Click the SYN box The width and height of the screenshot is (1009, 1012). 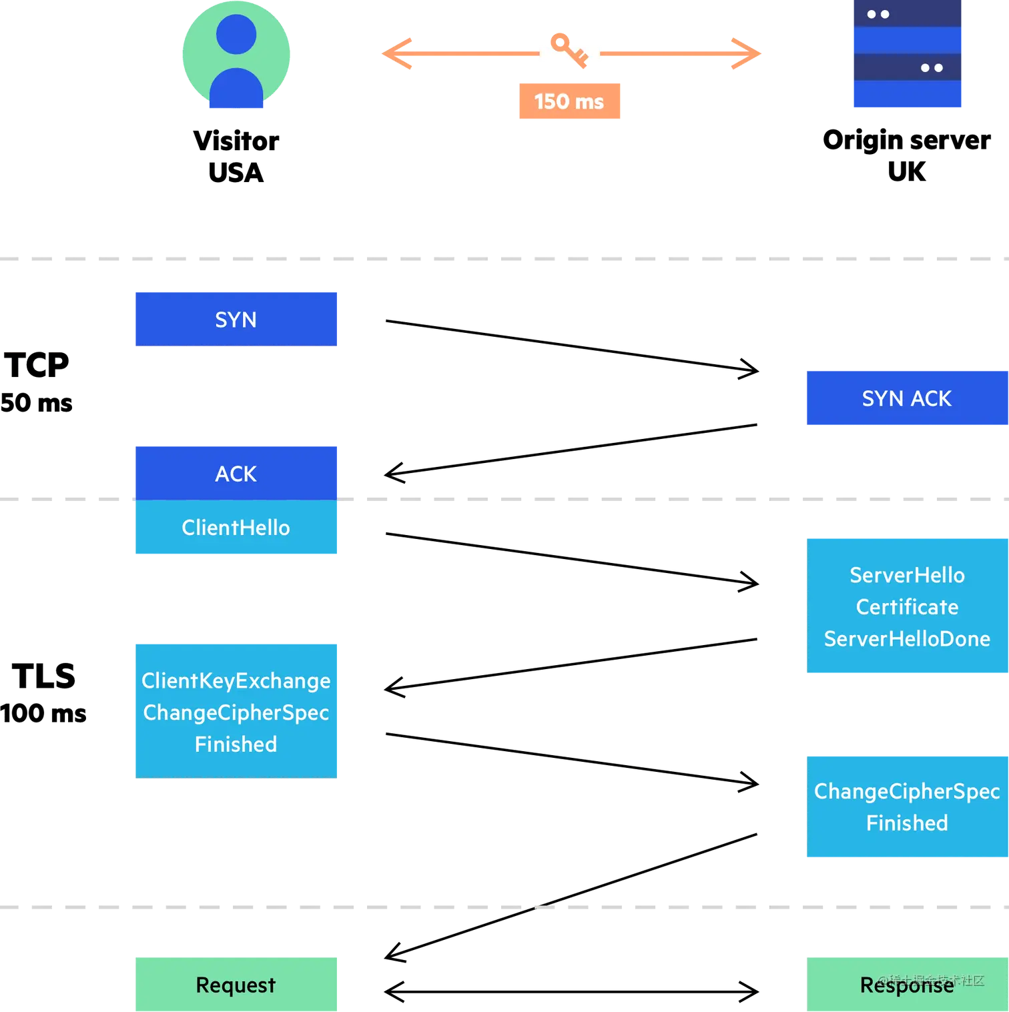click(x=237, y=318)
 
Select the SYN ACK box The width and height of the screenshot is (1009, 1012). click(x=906, y=398)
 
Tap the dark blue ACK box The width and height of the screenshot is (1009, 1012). click(x=237, y=473)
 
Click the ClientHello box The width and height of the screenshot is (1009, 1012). click(x=237, y=528)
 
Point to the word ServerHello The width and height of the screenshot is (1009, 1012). click(x=907, y=575)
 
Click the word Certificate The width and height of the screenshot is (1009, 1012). click(x=907, y=607)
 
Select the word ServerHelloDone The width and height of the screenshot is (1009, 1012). click(x=907, y=639)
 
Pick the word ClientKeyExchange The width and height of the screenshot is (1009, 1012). click(x=236, y=680)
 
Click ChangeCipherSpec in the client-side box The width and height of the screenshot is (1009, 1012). click(x=236, y=712)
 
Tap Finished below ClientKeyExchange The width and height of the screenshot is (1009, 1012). click(x=236, y=744)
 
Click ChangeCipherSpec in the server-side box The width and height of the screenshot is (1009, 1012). click(x=907, y=791)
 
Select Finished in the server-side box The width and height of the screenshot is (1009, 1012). click(x=907, y=823)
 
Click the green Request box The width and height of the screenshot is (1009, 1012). click(x=237, y=985)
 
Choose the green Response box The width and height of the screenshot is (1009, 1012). click(x=907, y=985)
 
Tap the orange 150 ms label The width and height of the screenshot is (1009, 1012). click(x=570, y=101)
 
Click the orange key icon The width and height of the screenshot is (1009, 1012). click(x=567, y=49)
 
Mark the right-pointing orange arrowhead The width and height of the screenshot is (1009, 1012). click(x=746, y=53)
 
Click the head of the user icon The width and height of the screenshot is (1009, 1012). click(x=236, y=34)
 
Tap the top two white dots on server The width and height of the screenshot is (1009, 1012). click(x=878, y=14)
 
